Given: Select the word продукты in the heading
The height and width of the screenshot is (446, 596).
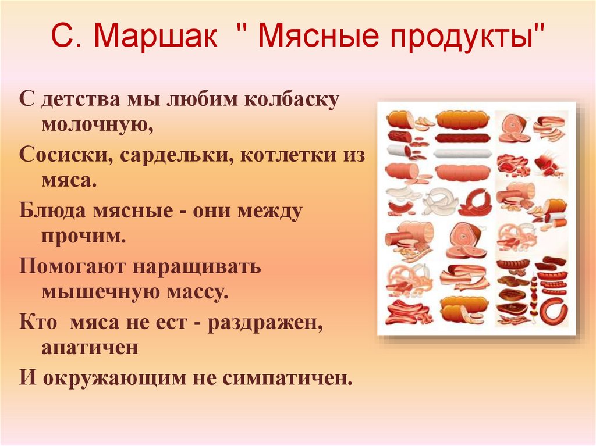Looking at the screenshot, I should point(469,38).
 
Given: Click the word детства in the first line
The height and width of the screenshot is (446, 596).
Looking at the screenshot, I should point(79,99).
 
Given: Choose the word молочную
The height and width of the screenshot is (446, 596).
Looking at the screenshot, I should point(97,123).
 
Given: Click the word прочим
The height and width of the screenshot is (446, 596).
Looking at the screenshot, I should point(83,236).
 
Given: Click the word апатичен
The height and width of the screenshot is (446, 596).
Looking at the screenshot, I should point(90,347).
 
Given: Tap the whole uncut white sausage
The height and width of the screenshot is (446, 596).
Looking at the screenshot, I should point(463,154).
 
